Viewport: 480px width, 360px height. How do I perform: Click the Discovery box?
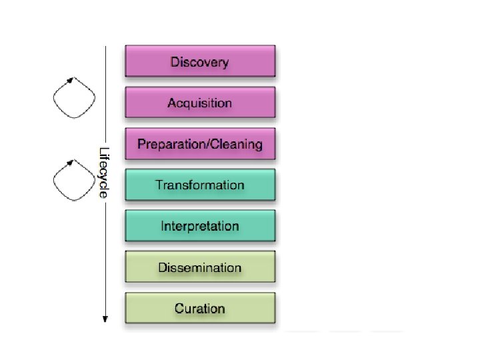tap(200, 62)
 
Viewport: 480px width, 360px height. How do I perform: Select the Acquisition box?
tap(200, 103)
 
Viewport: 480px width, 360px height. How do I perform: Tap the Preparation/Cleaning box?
tap(200, 144)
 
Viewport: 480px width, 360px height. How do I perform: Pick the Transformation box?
tap(200, 185)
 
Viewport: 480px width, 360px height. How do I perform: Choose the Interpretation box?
tap(200, 226)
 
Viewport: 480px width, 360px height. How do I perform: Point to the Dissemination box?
tap(200, 267)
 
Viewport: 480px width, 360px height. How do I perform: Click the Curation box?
tap(200, 308)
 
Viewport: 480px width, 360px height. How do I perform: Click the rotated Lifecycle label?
tap(103, 172)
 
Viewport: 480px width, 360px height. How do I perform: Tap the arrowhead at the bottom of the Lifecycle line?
tap(105, 318)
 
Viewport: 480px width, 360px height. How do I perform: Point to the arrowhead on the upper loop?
tap(69, 80)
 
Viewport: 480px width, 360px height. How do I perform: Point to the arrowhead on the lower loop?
tap(69, 162)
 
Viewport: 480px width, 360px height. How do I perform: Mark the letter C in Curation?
tap(179, 308)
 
